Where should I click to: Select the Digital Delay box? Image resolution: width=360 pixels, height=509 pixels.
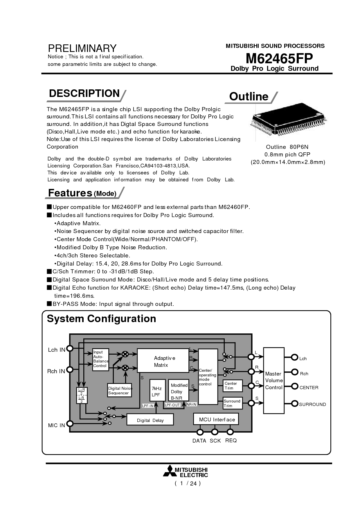[150, 420]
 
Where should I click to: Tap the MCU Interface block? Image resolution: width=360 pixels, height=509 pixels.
[216, 419]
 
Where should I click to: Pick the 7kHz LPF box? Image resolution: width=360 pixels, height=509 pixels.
[157, 391]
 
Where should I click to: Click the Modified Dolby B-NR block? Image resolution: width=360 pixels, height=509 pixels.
[178, 391]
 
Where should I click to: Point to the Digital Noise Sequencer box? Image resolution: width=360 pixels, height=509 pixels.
[120, 390]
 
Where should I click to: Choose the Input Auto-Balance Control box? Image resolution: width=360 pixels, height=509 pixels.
[101, 359]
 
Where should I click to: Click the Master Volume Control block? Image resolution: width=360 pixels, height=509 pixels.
[273, 380]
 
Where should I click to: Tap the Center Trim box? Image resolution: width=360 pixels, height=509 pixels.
[232, 386]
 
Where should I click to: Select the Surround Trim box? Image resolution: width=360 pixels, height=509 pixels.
[232, 403]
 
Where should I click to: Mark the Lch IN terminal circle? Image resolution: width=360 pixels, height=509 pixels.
[70, 349]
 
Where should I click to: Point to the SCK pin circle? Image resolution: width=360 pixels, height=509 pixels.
[215, 432]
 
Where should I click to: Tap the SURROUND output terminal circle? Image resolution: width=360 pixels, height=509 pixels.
[295, 404]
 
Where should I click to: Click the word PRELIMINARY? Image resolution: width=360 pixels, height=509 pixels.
[82, 48]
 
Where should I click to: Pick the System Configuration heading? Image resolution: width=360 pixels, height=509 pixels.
[101, 319]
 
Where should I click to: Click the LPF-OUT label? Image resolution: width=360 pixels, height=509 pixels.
[172, 405]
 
